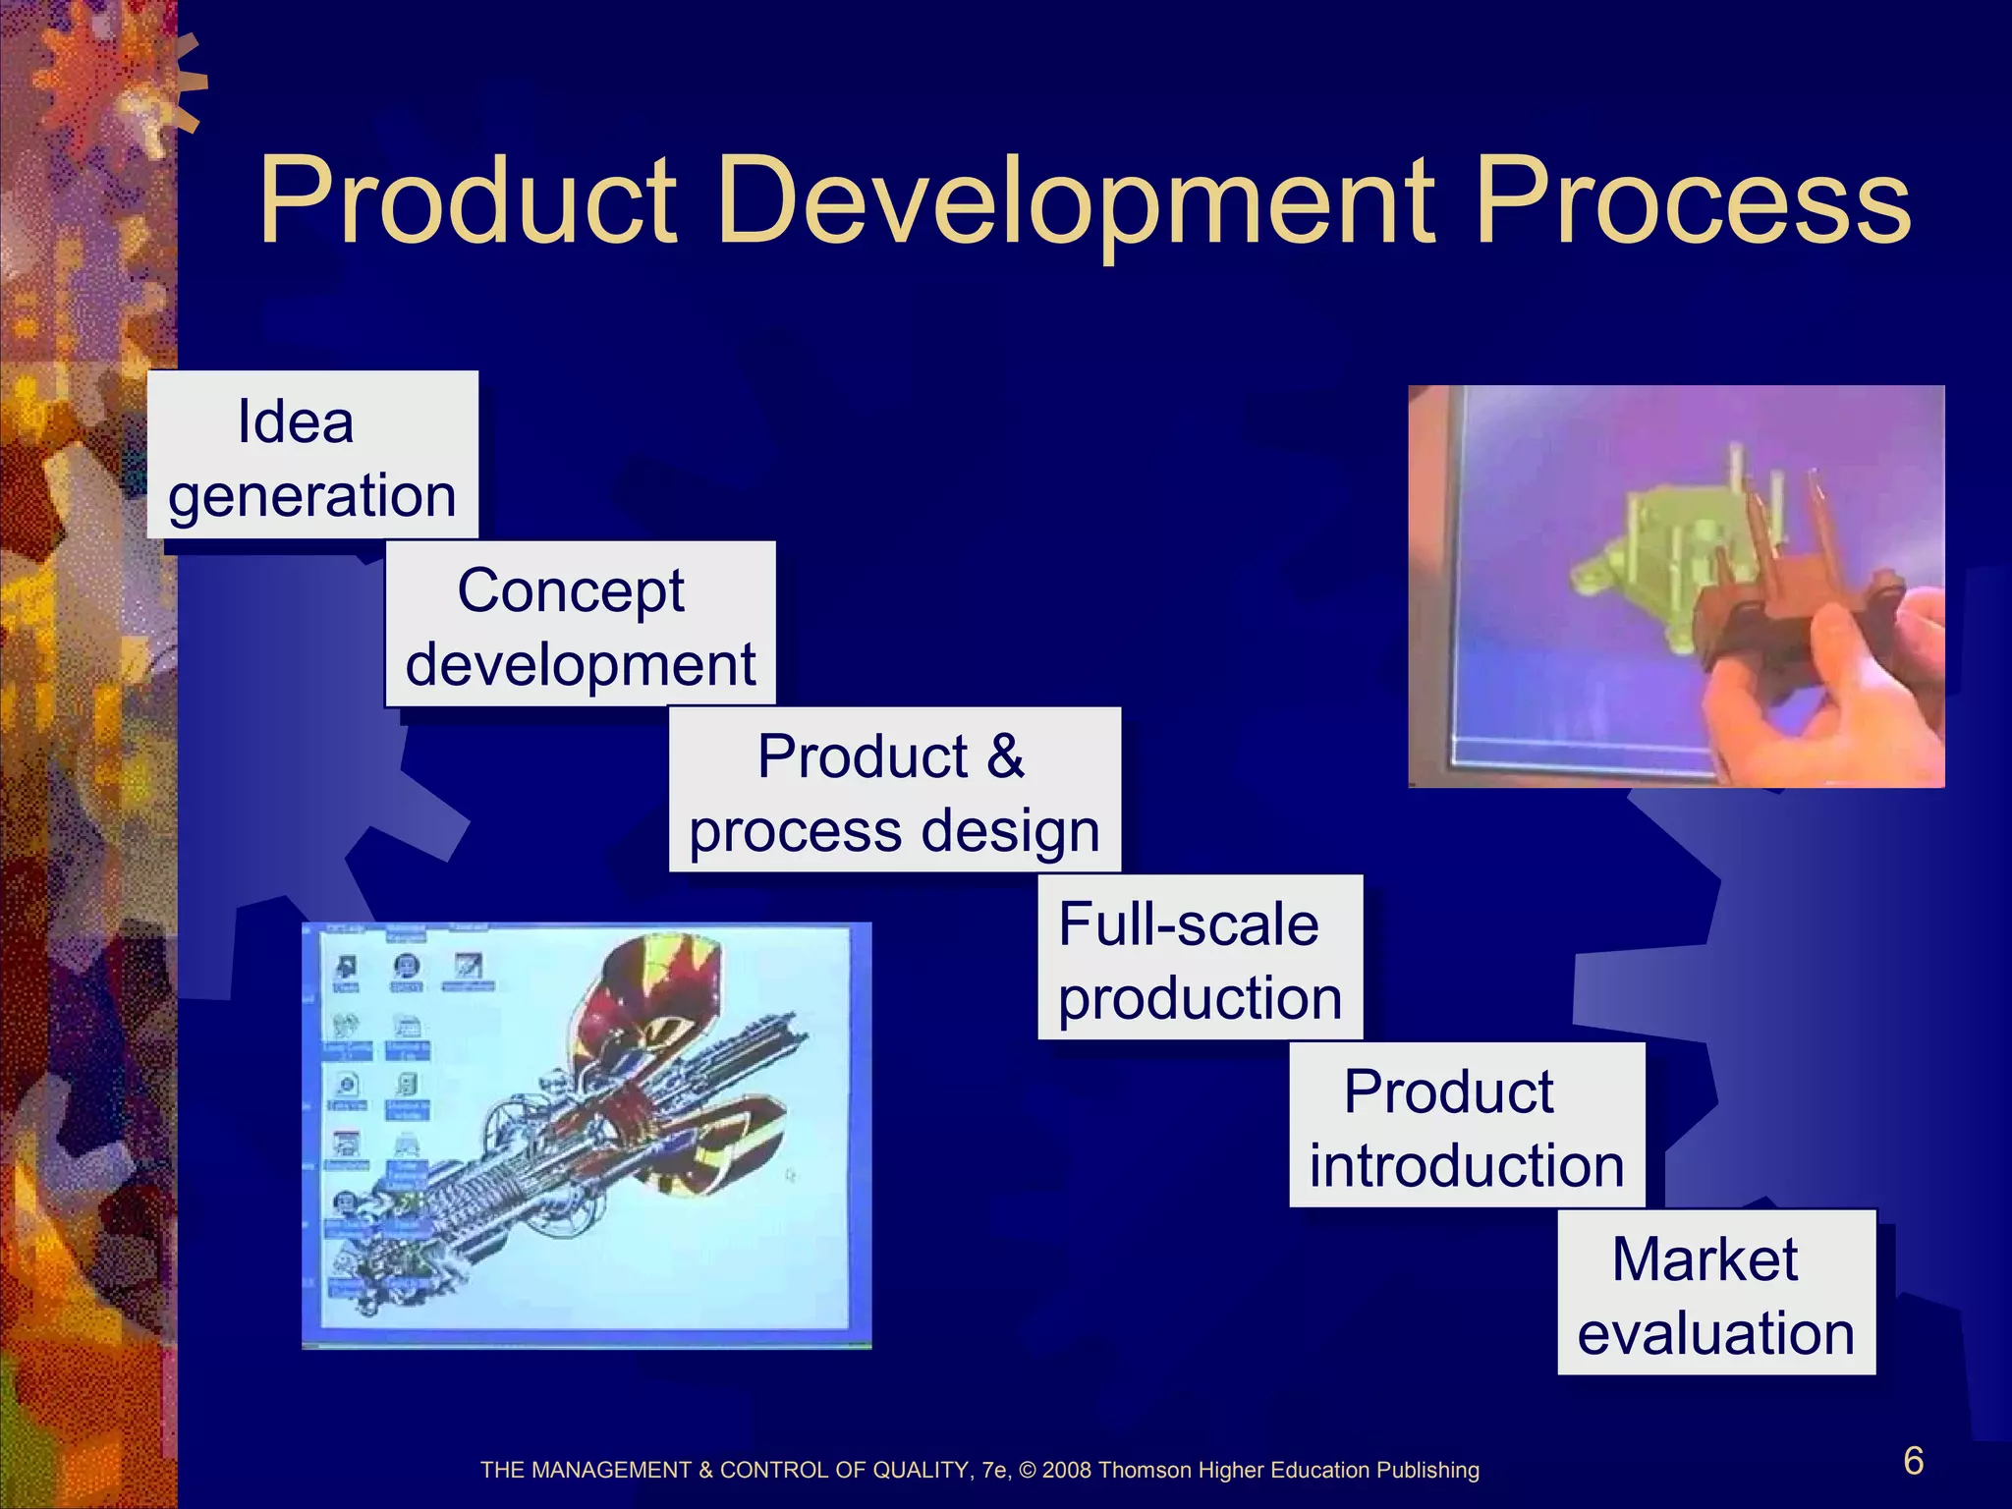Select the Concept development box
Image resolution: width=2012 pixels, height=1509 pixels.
tap(580, 624)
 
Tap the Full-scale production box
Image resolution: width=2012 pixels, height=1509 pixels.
tap(1200, 958)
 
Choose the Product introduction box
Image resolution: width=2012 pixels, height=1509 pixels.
tap(1466, 1126)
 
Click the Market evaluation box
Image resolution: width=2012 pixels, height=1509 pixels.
tap(1715, 1293)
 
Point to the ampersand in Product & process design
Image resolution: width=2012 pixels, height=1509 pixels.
tap(1005, 756)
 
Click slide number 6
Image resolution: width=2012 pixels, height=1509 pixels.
tap(1913, 1462)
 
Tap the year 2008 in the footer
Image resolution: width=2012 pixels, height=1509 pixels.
tap(1067, 1471)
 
